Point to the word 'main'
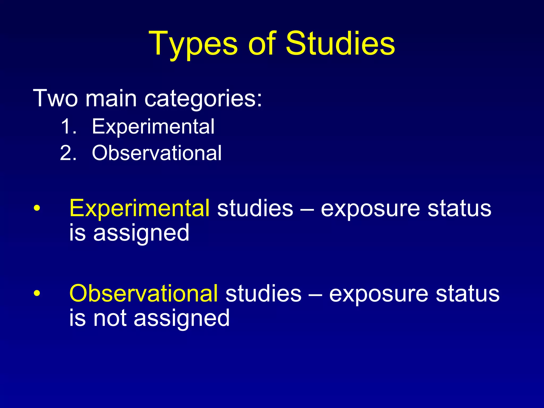(111, 98)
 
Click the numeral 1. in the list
(69, 126)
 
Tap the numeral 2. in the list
(68, 153)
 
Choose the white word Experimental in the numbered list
(153, 126)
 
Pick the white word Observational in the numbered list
(157, 153)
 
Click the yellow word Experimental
(139, 209)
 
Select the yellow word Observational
(143, 294)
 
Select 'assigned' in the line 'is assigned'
(141, 233)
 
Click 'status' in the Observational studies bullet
(467, 294)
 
